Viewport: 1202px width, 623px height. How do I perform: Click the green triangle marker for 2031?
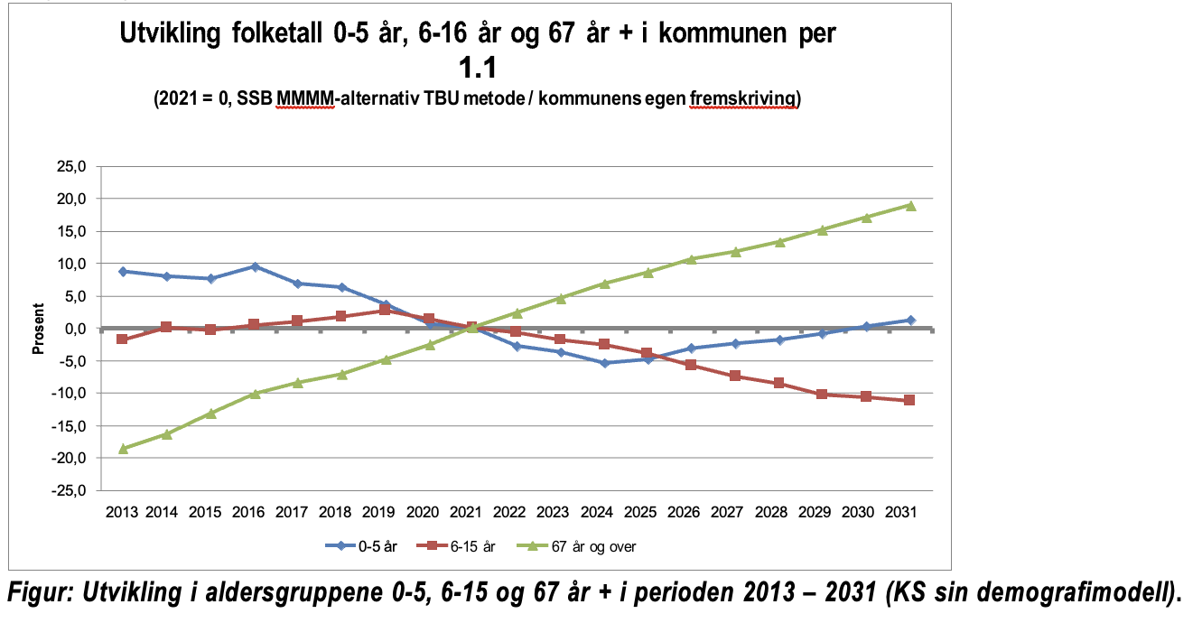pyautogui.click(x=910, y=206)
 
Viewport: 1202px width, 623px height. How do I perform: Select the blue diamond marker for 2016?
pyautogui.click(x=255, y=266)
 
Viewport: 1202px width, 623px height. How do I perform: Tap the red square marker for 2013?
pyautogui.click(x=122, y=339)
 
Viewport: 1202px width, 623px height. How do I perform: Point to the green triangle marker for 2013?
pyautogui.click(x=123, y=449)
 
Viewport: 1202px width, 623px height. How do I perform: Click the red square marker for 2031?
pyautogui.click(x=909, y=400)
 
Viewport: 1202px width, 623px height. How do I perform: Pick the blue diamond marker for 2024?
pyautogui.click(x=605, y=363)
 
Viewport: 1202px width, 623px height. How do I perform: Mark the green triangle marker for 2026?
pyautogui.click(x=691, y=259)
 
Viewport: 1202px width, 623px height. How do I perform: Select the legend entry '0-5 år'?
pyautogui.click(x=361, y=546)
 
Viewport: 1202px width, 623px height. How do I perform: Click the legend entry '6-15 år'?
pyautogui.click(x=456, y=546)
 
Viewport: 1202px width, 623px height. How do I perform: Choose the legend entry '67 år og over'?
pyautogui.click(x=576, y=546)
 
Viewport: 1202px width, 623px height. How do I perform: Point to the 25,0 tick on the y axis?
pyautogui.click(x=71, y=166)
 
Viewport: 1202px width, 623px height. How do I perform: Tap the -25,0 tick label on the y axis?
pyautogui.click(x=69, y=490)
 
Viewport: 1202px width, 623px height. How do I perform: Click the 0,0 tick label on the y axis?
pyautogui.click(x=75, y=329)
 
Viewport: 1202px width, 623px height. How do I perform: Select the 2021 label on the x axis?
pyautogui.click(x=466, y=513)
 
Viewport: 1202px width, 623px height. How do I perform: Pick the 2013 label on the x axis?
pyautogui.click(x=122, y=513)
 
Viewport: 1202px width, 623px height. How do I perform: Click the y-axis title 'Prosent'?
pyautogui.click(x=38, y=329)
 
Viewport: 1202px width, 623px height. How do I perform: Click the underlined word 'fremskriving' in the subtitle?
pyautogui.click(x=742, y=98)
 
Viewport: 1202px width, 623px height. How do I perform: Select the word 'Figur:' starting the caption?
pyautogui.click(x=40, y=593)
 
